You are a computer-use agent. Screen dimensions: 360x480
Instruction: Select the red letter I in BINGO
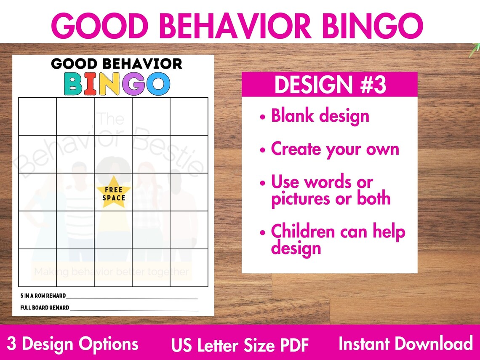tap(90, 83)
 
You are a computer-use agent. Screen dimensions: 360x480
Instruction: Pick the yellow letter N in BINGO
tap(108, 83)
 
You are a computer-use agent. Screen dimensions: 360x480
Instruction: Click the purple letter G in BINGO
tap(133, 83)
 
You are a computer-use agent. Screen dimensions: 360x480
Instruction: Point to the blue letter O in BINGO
tap(158, 83)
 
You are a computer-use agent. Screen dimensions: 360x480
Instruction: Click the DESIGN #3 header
tap(330, 85)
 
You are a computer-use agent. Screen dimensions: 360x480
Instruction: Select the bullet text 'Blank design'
tap(320, 116)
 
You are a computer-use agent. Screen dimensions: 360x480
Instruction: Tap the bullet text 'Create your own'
tap(335, 149)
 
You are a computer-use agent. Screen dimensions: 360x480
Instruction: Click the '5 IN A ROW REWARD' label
tap(43, 296)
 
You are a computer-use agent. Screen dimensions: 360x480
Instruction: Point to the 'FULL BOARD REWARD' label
tap(45, 308)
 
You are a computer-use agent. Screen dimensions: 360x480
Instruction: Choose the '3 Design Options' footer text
tap(73, 344)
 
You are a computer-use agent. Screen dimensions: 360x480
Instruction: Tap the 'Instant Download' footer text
tap(405, 344)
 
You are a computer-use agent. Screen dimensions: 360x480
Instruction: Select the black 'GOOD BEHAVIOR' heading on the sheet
tap(116, 64)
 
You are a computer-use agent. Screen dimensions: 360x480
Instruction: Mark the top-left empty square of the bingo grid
tap(37, 116)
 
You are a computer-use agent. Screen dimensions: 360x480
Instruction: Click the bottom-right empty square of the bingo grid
tap(189, 268)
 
